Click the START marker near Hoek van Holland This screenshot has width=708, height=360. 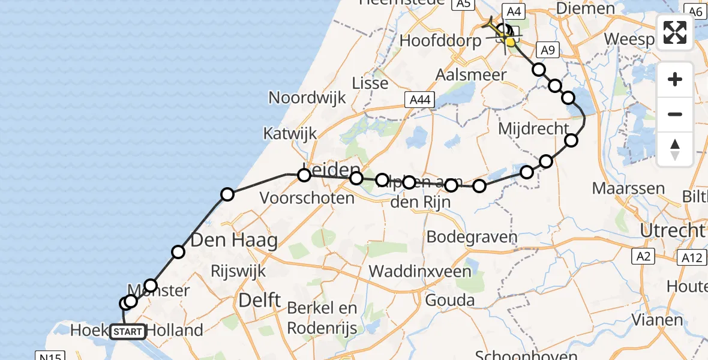pos(127,331)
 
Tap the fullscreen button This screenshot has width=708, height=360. pos(675,32)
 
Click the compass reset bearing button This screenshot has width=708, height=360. pos(675,149)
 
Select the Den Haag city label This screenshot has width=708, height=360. pos(234,241)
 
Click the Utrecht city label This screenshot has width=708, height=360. pos(672,230)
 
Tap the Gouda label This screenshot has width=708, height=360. pos(449,300)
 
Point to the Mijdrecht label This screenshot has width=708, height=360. pos(534,128)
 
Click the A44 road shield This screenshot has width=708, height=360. pos(419,100)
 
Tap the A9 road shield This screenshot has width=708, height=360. pos(546,50)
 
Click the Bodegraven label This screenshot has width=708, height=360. pos(472,236)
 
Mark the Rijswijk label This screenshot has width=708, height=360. pos(238,271)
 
